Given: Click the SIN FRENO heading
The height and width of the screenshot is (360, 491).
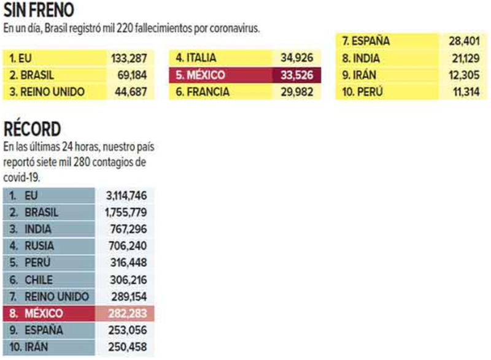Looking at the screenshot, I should click(x=40, y=12).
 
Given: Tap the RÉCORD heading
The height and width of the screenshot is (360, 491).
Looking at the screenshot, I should click(x=32, y=129).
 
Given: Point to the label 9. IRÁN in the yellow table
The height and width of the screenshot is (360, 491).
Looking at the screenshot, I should click(x=361, y=76).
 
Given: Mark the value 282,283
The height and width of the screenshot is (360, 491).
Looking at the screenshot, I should click(x=126, y=314).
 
